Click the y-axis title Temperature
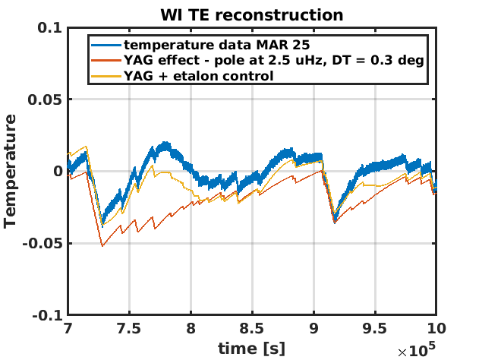(10, 171)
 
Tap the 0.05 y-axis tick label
(46, 99)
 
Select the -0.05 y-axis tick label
(43, 244)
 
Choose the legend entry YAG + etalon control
(200, 76)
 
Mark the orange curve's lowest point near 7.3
(102, 245)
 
